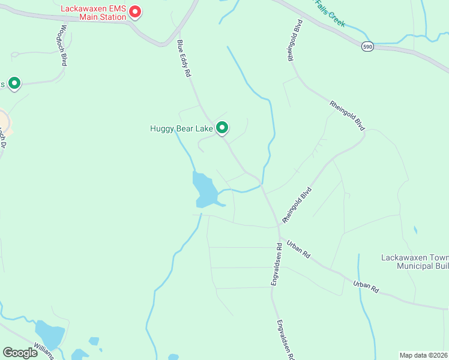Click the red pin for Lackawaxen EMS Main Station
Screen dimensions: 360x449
135,11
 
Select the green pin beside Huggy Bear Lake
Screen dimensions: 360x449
222,127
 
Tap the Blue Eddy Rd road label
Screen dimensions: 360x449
184,58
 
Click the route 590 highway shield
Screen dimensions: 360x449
367,46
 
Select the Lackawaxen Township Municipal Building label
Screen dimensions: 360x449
414,262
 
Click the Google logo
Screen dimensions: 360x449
20,353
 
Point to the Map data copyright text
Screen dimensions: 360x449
424,355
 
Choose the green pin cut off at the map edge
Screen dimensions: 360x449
13,83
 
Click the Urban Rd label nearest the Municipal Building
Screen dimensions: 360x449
366,286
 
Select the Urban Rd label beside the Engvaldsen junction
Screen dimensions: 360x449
298,249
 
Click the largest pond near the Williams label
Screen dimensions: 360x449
49,334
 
